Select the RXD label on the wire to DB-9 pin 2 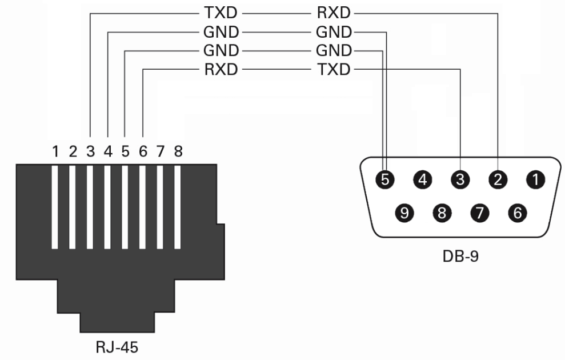(x=334, y=11)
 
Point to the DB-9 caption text (x=460, y=255)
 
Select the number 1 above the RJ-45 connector (x=55, y=152)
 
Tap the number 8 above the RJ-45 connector (x=178, y=152)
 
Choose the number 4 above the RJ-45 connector (x=108, y=152)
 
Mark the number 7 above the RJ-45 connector (x=161, y=152)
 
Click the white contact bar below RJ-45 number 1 (x=55, y=207)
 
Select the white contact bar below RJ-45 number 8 (x=178, y=207)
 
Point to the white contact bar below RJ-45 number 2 (x=73, y=207)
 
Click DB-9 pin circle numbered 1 (x=536, y=180)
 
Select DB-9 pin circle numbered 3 (x=460, y=180)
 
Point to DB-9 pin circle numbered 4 (x=423, y=180)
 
